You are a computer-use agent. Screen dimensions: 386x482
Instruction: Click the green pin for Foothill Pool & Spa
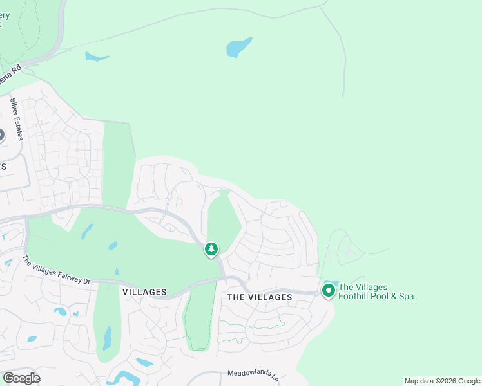[x=328, y=291]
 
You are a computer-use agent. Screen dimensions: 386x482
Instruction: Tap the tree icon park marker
[x=211, y=249]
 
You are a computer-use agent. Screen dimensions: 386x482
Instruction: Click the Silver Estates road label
[x=17, y=118]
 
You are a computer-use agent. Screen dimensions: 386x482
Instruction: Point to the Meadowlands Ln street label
[x=252, y=374]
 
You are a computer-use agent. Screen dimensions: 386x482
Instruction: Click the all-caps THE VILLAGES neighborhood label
[x=260, y=297]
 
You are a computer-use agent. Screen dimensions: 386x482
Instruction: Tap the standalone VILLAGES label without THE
[x=144, y=292]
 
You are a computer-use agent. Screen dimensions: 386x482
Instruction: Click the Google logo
[x=21, y=378]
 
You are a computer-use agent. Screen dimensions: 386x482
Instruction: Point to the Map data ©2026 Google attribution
[x=441, y=381]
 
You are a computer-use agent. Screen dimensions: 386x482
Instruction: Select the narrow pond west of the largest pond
[x=96, y=57]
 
